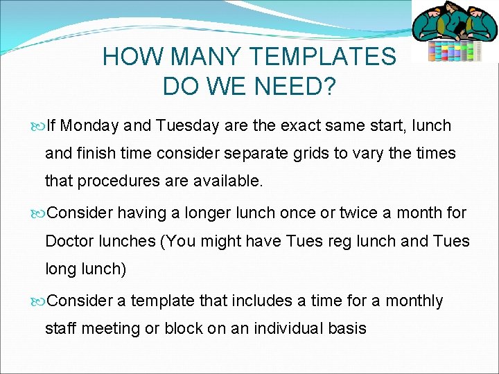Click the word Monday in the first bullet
94,126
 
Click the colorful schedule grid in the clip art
454,51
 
